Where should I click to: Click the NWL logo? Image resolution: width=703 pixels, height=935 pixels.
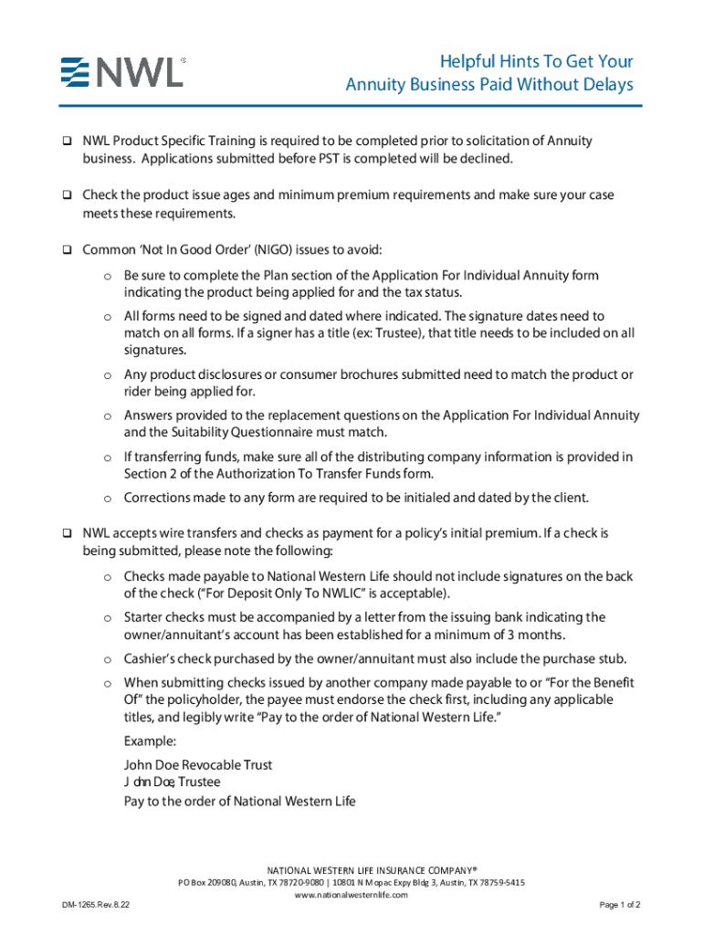pyautogui.click(x=123, y=71)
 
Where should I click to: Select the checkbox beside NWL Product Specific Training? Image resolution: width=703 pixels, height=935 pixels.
pyautogui.click(x=67, y=142)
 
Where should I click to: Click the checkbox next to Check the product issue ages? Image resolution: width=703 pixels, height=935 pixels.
pyautogui.click(x=67, y=195)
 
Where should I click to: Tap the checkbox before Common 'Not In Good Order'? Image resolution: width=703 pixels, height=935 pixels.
pyautogui.click(x=67, y=250)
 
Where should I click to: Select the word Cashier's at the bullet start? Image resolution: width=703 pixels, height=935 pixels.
pyautogui.click(x=149, y=658)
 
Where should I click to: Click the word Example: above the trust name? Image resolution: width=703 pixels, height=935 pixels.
pyautogui.click(x=150, y=741)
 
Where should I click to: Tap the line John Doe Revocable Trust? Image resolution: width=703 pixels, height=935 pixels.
pyautogui.click(x=198, y=765)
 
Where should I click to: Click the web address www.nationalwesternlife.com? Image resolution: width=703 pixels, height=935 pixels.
pyautogui.click(x=351, y=895)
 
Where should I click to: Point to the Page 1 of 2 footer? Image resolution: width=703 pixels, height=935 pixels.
pyautogui.click(x=619, y=905)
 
